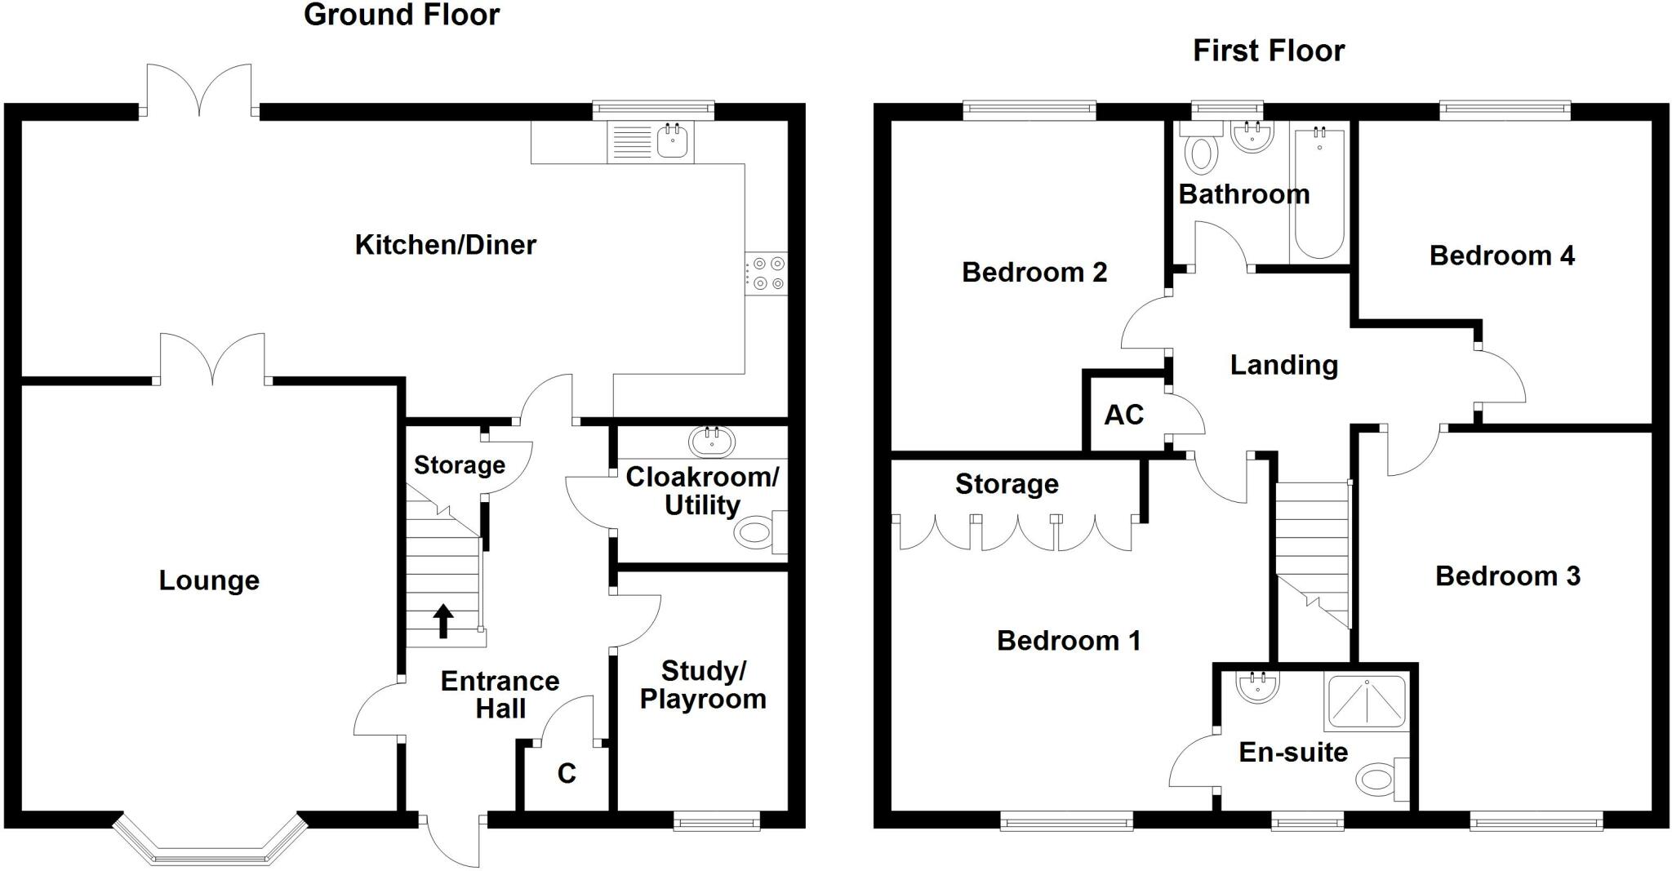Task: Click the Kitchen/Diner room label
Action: pyautogui.click(x=445, y=245)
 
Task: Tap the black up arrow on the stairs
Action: pyautogui.click(x=442, y=620)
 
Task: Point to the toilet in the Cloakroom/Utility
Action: pyautogui.click(x=755, y=535)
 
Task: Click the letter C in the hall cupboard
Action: pyautogui.click(x=567, y=774)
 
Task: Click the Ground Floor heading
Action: pyautogui.click(x=401, y=15)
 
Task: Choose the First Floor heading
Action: pyautogui.click(x=1268, y=51)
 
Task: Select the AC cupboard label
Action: pyautogui.click(x=1123, y=416)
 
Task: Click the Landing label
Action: pyautogui.click(x=1283, y=365)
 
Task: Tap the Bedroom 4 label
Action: pyautogui.click(x=1501, y=256)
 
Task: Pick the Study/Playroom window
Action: pyautogui.click(x=716, y=821)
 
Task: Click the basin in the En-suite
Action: pyautogui.click(x=1257, y=688)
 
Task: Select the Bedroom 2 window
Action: pyautogui.click(x=1029, y=110)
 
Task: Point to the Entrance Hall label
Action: pyautogui.click(x=500, y=695)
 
